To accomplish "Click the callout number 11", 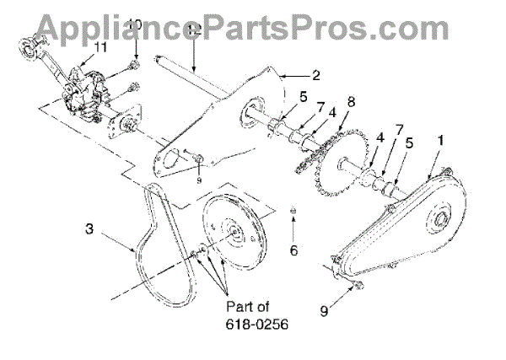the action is (x=100, y=46).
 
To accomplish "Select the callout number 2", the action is (x=315, y=75).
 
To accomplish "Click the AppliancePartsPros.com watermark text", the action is (x=253, y=25).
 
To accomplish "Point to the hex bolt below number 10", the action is (x=134, y=64).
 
